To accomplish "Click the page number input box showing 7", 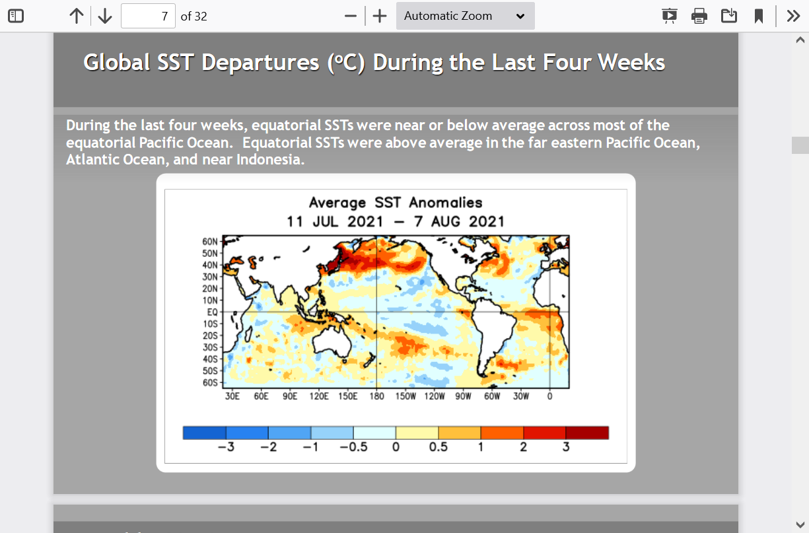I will (x=148, y=16).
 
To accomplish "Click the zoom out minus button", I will (x=351, y=16).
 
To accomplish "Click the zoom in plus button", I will (x=380, y=16).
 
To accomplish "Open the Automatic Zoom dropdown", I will (x=465, y=16).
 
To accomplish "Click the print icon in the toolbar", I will (x=699, y=16).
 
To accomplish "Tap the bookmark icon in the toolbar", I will (x=759, y=16).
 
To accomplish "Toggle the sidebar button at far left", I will (x=16, y=16).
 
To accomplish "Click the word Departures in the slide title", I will (x=260, y=63).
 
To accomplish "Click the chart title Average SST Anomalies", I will (x=396, y=203).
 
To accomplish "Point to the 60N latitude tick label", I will (x=210, y=242).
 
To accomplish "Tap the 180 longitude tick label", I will (x=376, y=396).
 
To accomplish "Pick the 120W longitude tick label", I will (x=435, y=396).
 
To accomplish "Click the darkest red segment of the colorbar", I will (x=587, y=433).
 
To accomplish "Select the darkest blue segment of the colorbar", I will (x=204, y=433).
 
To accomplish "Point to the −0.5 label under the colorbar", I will (x=353, y=447).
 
